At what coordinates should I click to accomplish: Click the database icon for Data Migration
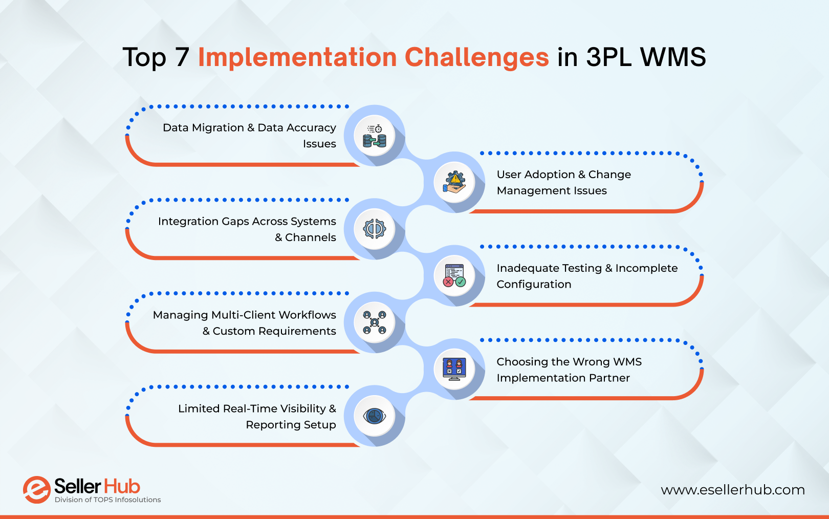(x=375, y=136)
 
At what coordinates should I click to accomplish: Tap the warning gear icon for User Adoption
(x=454, y=183)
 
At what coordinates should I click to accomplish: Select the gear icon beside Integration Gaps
(x=375, y=229)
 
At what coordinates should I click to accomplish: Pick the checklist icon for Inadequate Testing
(x=454, y=276)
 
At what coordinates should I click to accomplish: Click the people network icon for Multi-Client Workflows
(x=375, y=322)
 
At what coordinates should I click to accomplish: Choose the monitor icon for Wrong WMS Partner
(x=454, y=369)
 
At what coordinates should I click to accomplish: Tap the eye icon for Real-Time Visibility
(x=375, y=416)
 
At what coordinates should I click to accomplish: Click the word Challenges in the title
(x=476, y=57)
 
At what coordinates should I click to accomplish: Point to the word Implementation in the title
(x=297, y=57)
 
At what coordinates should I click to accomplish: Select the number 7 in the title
(x=182, y=57)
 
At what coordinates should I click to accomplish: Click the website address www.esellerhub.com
(x=732, y=490)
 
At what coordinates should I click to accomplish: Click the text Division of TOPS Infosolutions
(x=107, y=500)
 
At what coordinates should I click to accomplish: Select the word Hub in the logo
(x=122, y=486)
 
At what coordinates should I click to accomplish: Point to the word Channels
(x=310, y=237)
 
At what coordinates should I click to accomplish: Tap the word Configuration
(x=534, y=285)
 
